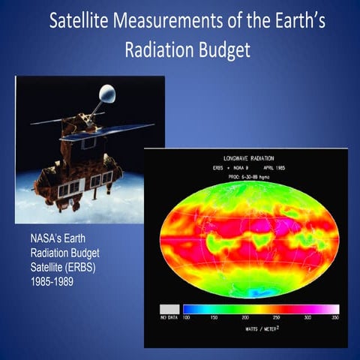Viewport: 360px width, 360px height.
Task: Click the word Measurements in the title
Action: pos(169,20)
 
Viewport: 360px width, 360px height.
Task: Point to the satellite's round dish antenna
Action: pos(106,94)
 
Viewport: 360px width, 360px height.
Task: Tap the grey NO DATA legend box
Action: pos(169,308)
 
